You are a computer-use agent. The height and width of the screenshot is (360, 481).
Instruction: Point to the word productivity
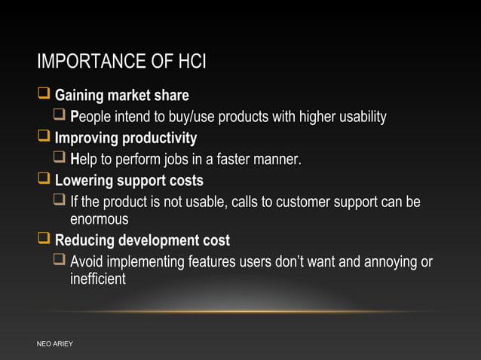tap(161, 139)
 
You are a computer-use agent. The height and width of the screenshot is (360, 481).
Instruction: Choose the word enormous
tap(99, 219)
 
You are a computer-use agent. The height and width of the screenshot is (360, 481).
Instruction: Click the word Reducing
tap(84, 241)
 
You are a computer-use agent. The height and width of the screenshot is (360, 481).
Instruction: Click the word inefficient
tap(97, 279)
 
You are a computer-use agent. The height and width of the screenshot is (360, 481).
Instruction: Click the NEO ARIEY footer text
tap(55, 344)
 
